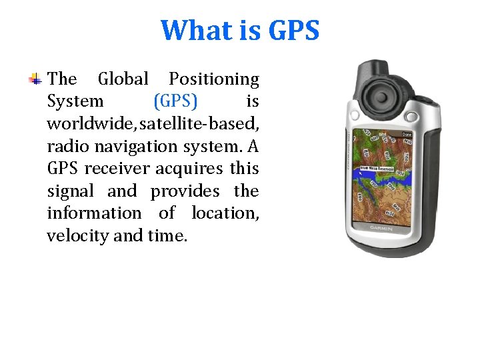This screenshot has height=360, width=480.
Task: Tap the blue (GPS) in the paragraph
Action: point(175,101)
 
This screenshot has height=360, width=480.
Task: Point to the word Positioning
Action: point(213,79)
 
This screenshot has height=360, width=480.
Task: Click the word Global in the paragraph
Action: point(123,79)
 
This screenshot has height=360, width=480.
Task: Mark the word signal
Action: point(70,191)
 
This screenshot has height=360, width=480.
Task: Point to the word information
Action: point(94,213)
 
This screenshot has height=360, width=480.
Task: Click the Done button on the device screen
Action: point(407,134)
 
